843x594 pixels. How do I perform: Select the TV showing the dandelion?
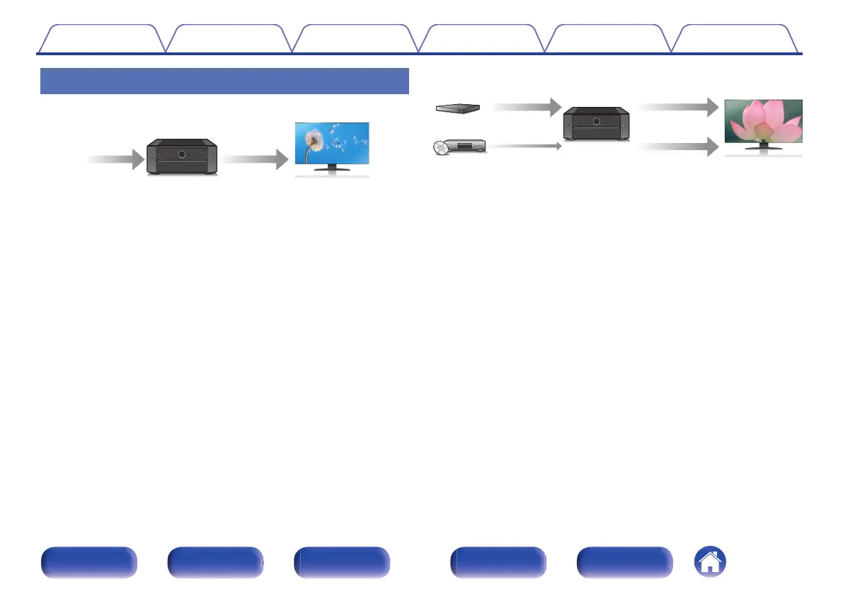331,145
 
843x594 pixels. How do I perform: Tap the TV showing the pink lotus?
763,123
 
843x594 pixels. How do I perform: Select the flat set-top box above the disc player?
457,108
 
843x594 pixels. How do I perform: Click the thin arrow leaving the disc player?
524,146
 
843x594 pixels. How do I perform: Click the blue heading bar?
224,81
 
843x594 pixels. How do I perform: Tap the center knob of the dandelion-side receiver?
182,153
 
